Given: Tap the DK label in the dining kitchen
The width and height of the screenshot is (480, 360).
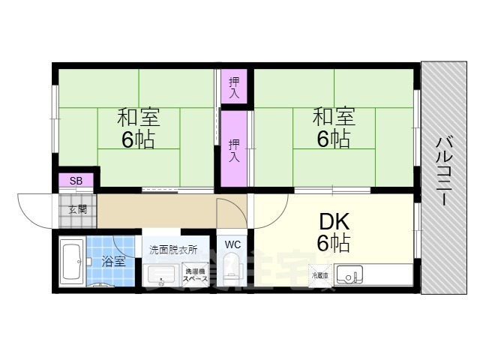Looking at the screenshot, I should [333, 222].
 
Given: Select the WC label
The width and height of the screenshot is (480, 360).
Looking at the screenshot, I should [232, 244].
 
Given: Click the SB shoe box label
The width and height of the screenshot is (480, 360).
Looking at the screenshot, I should [76, 181].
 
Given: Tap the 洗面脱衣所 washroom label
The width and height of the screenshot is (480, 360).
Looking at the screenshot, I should [173, 249].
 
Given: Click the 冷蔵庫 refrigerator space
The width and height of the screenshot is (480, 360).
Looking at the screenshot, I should [321, 275].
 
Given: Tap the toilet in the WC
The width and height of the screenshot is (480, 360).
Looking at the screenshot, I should [232, 269].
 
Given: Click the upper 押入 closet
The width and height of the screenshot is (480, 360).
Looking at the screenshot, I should [234, 87].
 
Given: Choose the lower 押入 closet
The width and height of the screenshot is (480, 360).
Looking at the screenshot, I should [234, 148].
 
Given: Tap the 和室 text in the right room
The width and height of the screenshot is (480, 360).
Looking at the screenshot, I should [334, 118].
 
